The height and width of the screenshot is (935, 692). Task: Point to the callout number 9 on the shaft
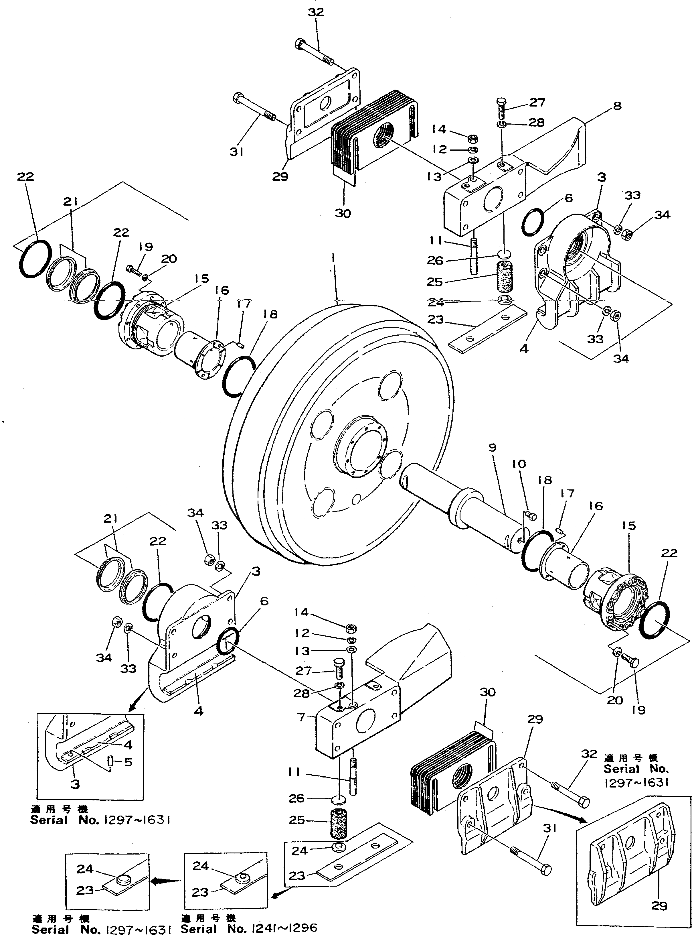[492, 448]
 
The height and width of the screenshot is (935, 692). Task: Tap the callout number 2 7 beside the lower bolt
[303, 671]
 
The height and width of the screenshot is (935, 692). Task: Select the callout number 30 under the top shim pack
[342, 213]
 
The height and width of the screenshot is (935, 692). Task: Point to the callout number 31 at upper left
[237, 153]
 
